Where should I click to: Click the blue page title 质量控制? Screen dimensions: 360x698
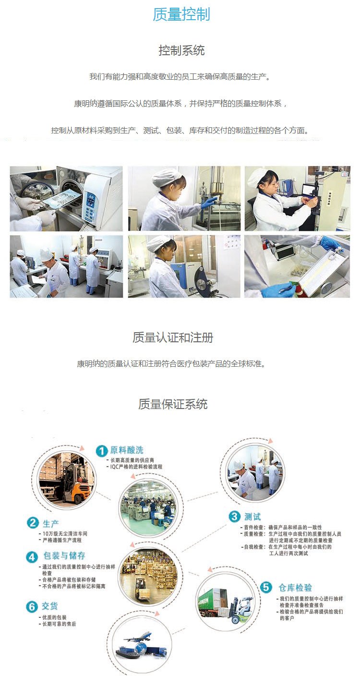(181, 14)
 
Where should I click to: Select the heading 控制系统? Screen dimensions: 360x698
(181, 50)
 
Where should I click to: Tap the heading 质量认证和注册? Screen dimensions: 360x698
(173, 337)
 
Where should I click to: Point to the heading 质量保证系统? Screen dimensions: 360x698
(173, 404)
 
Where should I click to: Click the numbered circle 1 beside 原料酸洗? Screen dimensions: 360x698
(102, 451)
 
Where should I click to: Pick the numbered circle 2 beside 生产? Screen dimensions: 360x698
(33, 523)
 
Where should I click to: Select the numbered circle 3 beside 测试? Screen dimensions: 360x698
(234, 517)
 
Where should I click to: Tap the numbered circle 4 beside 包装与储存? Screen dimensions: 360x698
(32, 557)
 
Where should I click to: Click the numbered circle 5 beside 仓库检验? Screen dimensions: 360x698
(266, 588)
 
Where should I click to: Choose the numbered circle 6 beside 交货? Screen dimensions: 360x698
(32, 607)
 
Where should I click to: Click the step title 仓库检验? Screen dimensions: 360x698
(295, 588)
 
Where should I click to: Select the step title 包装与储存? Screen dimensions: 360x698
(64, 555)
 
